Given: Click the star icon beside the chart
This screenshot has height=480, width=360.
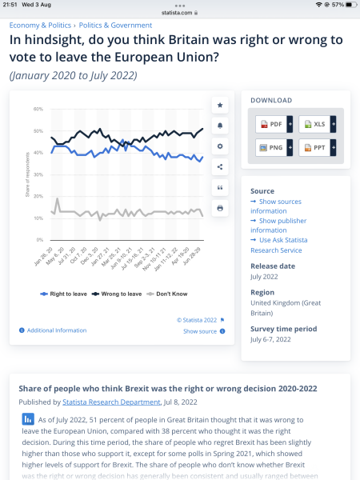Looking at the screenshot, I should (220, 105).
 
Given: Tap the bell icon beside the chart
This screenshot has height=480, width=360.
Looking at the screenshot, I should (220, 126).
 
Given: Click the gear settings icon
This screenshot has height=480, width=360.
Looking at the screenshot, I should (220, 146).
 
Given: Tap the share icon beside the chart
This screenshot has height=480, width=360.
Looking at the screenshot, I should (220, 166).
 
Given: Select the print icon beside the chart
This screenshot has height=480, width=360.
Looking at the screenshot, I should (220, 208).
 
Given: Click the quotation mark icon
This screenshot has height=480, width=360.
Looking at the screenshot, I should (220, 187).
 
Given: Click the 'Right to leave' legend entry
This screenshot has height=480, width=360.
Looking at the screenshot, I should (63, 294).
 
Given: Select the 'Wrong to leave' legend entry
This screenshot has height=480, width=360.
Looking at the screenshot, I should (118, 294).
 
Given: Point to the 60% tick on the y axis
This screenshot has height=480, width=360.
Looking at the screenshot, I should (38, 109).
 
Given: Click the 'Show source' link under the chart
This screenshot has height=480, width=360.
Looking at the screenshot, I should (199, 331).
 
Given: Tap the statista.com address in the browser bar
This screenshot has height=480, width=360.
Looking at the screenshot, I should (180, 12).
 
